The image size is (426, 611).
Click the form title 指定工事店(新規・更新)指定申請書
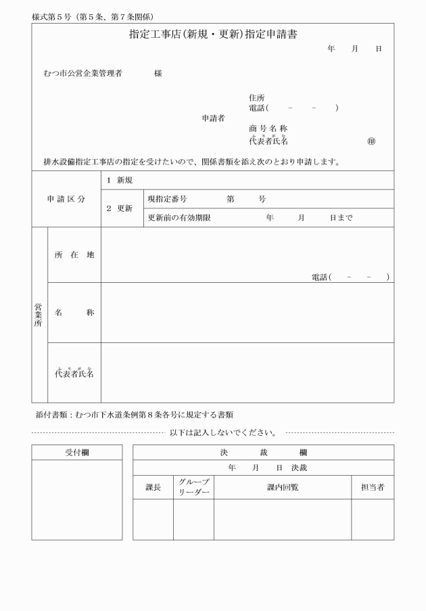tap(213, 34)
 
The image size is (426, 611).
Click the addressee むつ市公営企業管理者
tap(82, 73)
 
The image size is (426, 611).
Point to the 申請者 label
tap(213, 118)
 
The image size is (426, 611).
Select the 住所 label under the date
tap(257, 97)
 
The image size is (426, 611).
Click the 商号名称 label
tap(268, 129)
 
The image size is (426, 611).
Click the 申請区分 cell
tap(66, 199)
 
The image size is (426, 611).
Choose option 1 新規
tap(119, 180)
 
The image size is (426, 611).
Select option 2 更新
tap(119, 208)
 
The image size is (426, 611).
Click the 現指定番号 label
tap(167, 199)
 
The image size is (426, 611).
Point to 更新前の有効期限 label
tap(179, 218)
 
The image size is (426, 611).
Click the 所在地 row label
tap(74, 254)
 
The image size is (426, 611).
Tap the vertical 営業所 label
tap(39, 315)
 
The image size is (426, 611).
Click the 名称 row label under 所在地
tap(74, 313)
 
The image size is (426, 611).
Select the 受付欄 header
tap(77, 453)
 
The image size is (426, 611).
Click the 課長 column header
tap(153, 487)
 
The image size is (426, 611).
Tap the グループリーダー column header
tap(193, 487)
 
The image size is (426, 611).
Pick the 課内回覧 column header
tap(283, 487)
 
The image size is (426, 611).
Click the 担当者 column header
tap(373, 487)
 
